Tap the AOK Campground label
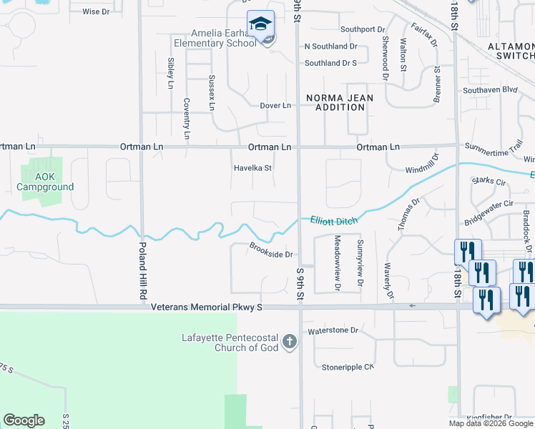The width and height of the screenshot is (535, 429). [44, 182]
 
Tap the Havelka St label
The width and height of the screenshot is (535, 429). [253, 169]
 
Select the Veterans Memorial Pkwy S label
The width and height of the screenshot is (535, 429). [207, 307]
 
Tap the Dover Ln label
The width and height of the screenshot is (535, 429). [275, 106]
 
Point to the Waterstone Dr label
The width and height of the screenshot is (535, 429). [332, 330]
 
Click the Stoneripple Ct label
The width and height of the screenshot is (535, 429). [348, 367]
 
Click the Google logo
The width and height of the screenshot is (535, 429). [24, 420]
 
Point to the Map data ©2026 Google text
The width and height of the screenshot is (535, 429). [491, 423]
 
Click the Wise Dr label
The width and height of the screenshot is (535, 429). [96, 12]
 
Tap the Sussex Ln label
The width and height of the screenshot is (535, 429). [212, 93]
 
